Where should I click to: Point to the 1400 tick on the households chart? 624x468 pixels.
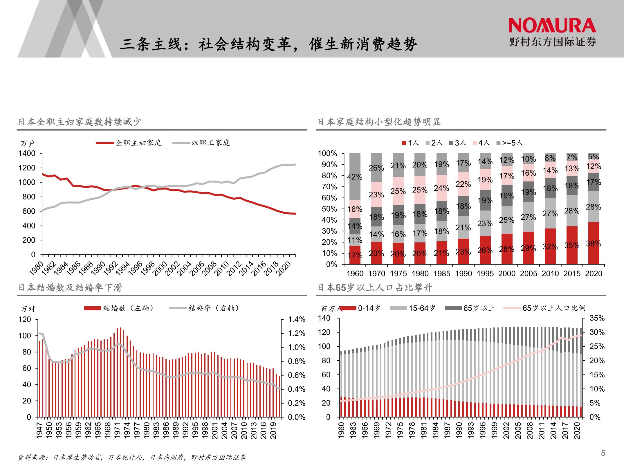point(27,153)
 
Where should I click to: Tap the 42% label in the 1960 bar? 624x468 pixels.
point(355,177)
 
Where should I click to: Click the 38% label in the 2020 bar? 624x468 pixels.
point(594,243)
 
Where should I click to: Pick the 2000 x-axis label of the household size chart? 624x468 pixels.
point(507,273)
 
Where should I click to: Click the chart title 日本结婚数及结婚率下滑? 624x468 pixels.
point(70,288)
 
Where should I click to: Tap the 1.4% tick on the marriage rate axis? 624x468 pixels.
point(297,320)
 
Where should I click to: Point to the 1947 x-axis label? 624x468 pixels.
point(40,431)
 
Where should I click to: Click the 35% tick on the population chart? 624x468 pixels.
point(597,318)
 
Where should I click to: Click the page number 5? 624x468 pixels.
point(603,453)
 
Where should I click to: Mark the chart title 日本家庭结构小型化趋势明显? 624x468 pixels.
point(379,122)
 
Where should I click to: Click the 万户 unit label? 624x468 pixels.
point(28,143)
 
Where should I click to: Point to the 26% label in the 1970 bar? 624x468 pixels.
point(376,168)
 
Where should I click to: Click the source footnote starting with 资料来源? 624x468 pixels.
point(132,458)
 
